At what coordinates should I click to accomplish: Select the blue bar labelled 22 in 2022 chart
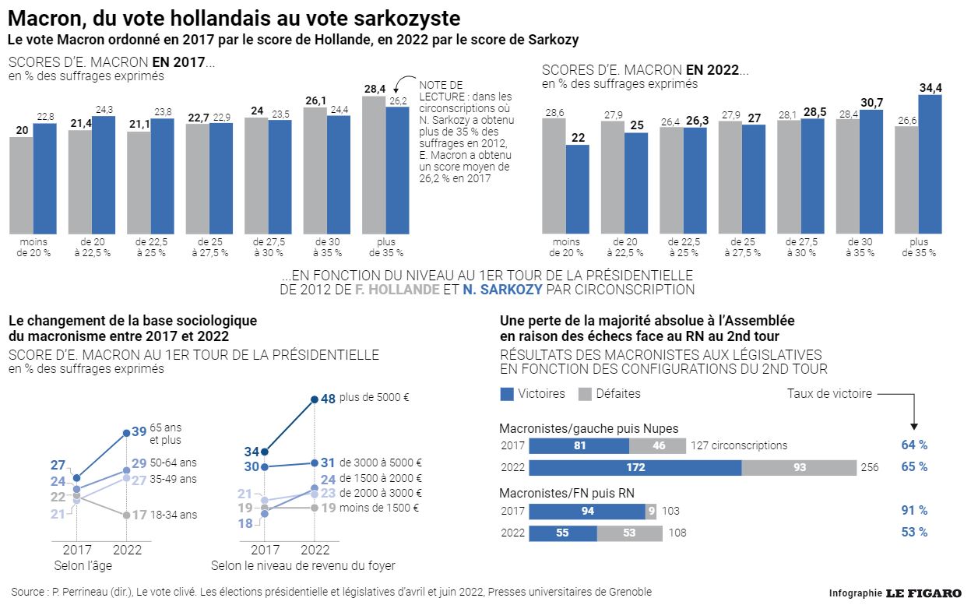[x=577, y=188]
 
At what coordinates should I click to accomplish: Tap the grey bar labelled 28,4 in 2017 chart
[x=374, y=164]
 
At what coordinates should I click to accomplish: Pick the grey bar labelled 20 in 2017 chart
[x=21, y=185]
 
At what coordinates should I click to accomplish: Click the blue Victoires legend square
[x=506, y=393]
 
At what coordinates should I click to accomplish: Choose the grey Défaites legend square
[x=586, y=393]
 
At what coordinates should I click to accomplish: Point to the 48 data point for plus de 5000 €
[x=314, y=399]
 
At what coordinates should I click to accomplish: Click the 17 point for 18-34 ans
[x=126, y=515]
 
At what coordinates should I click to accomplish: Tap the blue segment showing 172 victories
[x=635, y=467]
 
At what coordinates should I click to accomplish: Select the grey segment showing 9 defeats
[x=651, y=511]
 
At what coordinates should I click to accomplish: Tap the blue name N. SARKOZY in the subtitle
[x=502, y=290]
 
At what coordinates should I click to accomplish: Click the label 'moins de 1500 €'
[x=379, y=508]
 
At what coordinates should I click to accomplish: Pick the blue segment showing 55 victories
[x=563, y=533]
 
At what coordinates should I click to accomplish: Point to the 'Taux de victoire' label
[x=829, y=394]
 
